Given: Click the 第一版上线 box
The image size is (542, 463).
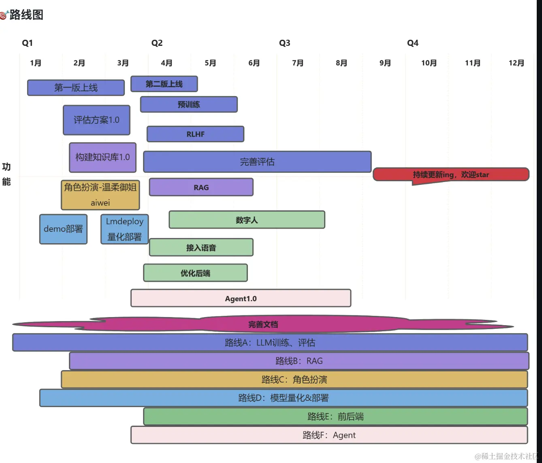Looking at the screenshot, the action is (x=76, y=88).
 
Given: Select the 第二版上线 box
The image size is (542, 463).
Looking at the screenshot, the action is (x=164, y=84).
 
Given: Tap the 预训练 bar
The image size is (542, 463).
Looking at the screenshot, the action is (x=189, y=105).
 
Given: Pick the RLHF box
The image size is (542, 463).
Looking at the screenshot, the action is (x=195, y=134).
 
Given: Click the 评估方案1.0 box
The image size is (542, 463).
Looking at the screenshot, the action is (x=96, y=120).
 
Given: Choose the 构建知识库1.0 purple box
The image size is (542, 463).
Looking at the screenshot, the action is (x=102, y=157).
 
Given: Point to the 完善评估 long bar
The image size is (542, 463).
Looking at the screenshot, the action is (x=257, y=162).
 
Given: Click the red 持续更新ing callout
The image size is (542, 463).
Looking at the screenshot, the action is (x=451, y=174).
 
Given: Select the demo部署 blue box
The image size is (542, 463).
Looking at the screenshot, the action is (x=64, y=229).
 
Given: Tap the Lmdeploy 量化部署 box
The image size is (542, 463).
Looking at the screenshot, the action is (x=124, y=229).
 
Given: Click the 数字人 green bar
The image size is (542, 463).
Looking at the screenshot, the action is (x=247, y=220).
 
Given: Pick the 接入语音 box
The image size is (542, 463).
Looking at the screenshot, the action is (x=201, y=247).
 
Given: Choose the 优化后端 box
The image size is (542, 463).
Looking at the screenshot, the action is (x=195, y=273).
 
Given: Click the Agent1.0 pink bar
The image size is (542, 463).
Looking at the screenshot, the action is (x=241, y=298).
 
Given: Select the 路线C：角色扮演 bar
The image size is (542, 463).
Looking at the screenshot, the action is (x=294, y=379).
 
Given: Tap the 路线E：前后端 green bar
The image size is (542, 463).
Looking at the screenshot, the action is (x=336, y=416).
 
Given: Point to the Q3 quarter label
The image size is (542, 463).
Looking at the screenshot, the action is (x=284, y=43).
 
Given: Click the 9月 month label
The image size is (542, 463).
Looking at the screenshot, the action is (x=385, y=63).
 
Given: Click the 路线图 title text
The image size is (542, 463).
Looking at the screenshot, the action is (x=26, y=15).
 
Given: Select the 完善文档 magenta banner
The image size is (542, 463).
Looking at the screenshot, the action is (x=263, y=324).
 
